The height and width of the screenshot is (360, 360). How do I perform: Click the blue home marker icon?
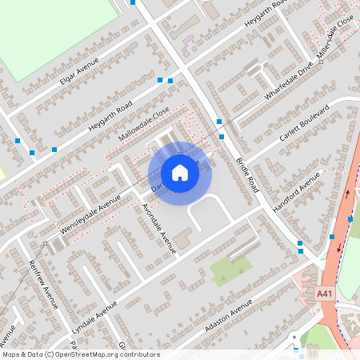(x=180, y=172)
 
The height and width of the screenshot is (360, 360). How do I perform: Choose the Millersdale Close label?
(x=334, y=40)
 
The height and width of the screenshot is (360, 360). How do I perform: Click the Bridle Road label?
(x=248, y=173)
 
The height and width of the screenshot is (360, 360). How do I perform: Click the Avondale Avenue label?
(x=158, y=228)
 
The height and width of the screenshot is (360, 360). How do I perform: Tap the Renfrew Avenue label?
(x=43, y=284)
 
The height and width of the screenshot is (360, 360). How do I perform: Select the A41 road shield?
(x=324, y=294)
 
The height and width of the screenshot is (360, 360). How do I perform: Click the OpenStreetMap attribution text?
(x=81, y=354)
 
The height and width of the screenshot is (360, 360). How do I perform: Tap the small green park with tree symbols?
(x=230, y=269)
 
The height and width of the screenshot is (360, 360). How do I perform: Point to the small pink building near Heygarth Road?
(x=188, y=38)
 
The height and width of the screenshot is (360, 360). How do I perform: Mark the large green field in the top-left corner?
(x=56, y=32)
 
